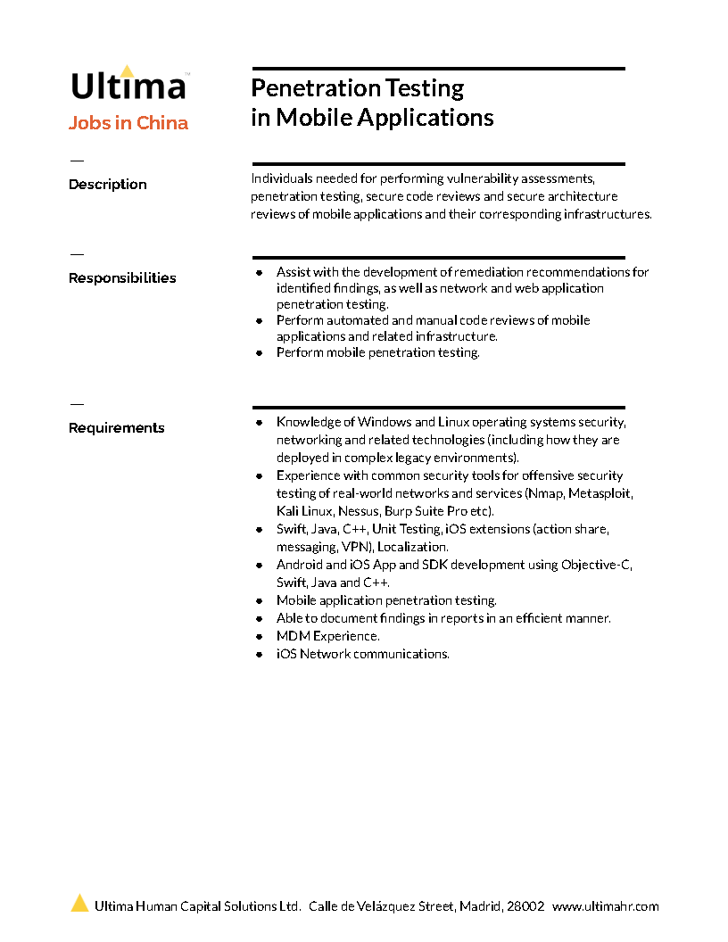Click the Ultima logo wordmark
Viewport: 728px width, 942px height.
click(128, 87)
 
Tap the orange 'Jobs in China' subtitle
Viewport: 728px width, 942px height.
click(128, 123)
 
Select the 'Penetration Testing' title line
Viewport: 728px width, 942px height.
click(357, 88)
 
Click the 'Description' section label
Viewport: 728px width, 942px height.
click(108, 185)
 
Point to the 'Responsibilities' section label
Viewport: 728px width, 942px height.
click(122, 278)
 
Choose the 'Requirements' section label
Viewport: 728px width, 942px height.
click(117, 428)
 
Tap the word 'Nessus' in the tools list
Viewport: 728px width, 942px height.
click(359, 511)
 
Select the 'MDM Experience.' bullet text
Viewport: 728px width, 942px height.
click(327, 636)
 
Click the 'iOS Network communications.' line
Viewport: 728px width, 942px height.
click(362, 654)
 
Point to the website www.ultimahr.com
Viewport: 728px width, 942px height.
click(605, 906)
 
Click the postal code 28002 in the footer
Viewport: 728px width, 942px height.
click(525, 906)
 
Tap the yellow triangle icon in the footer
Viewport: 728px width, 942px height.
click(80, 904)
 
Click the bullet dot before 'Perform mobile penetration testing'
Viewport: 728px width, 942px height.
click(259, 353)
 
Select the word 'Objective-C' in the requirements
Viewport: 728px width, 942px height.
click(595, 565)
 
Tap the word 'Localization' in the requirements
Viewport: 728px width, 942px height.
click(412, 547)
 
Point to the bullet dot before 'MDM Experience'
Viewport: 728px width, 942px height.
click(259, 637)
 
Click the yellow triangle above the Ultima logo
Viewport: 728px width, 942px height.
click(128, 70)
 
